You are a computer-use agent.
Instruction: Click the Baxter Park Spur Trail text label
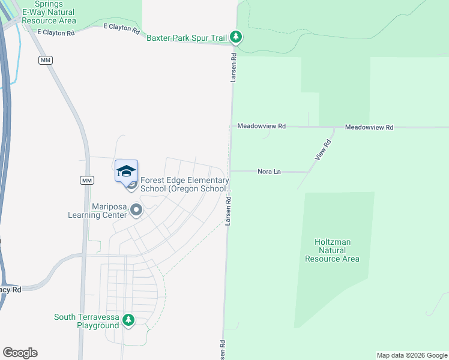pos(187,37)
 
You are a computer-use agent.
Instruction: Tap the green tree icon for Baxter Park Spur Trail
pos(237,37)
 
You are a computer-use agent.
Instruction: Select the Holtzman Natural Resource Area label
pos(332,250)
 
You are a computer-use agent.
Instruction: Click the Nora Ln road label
pos(269,172)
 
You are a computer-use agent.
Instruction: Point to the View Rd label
pos(323,150)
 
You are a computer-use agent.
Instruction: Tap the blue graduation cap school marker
pos(126,172)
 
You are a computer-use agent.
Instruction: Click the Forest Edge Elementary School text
pos(184,184)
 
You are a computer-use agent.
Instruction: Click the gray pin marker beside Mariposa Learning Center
pos(136,211)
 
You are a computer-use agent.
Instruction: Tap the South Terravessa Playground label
pos(86,321)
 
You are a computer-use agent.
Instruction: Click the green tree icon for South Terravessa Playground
pos(128,320)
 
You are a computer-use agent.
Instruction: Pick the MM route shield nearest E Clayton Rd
pos(45,61)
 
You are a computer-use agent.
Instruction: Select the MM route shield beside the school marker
pos(86,181)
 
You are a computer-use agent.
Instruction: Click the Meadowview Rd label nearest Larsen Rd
pos(261,127)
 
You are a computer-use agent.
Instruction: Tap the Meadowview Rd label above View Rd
pos(369,127)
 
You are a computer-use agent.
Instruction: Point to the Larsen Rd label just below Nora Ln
pos(228,213)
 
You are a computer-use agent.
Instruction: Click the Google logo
pos(20,353)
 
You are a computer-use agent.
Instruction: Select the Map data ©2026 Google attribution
pos(412,355)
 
